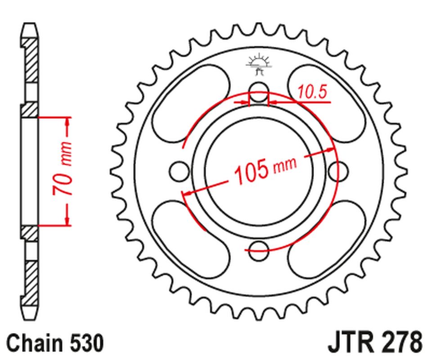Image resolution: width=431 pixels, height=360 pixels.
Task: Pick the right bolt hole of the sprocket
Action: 338,170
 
